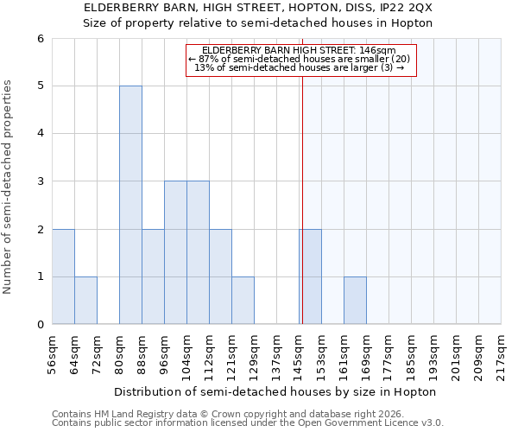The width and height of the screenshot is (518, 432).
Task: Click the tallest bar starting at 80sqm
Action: (x=130, y=205)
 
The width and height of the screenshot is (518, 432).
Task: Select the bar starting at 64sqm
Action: (x=85, y=301)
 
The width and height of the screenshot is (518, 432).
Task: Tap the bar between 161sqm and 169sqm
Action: (x=355, y=301)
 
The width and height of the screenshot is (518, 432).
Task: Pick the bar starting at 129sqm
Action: (x=243, y=301)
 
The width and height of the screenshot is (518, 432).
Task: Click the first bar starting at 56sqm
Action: (x=63, y=276)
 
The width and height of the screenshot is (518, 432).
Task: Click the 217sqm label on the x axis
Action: (x=502, y=353)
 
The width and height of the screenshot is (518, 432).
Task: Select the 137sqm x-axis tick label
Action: (x=277, y=353)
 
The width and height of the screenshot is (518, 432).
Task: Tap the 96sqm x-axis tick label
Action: (x=165, y=352)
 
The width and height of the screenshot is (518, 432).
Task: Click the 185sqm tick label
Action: (x=412, y=353)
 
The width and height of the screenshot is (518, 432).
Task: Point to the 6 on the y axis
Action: (x=41, y=38)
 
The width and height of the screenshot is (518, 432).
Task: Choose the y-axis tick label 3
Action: (x=41, y=181)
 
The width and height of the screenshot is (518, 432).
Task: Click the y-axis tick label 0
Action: (x=41, y=325)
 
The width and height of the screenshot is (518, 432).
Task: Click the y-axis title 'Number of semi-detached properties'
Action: (x=9, y=187)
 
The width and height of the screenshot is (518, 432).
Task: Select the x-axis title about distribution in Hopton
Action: (x=275, y=391)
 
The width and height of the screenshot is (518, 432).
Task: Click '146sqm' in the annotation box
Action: (x=378, y=50)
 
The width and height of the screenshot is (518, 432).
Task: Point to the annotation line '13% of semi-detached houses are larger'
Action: (x=300, y=67)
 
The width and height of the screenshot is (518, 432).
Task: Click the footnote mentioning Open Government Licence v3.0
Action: (x=247, y=423)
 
